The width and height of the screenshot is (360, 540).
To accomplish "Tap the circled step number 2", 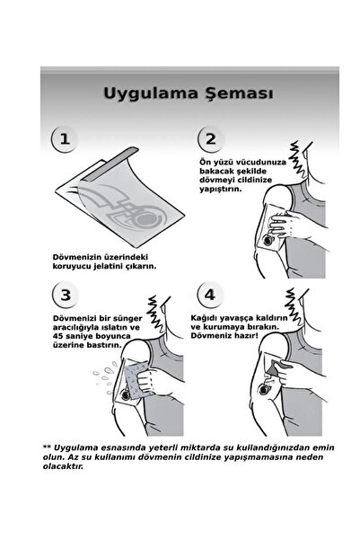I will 210,139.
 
